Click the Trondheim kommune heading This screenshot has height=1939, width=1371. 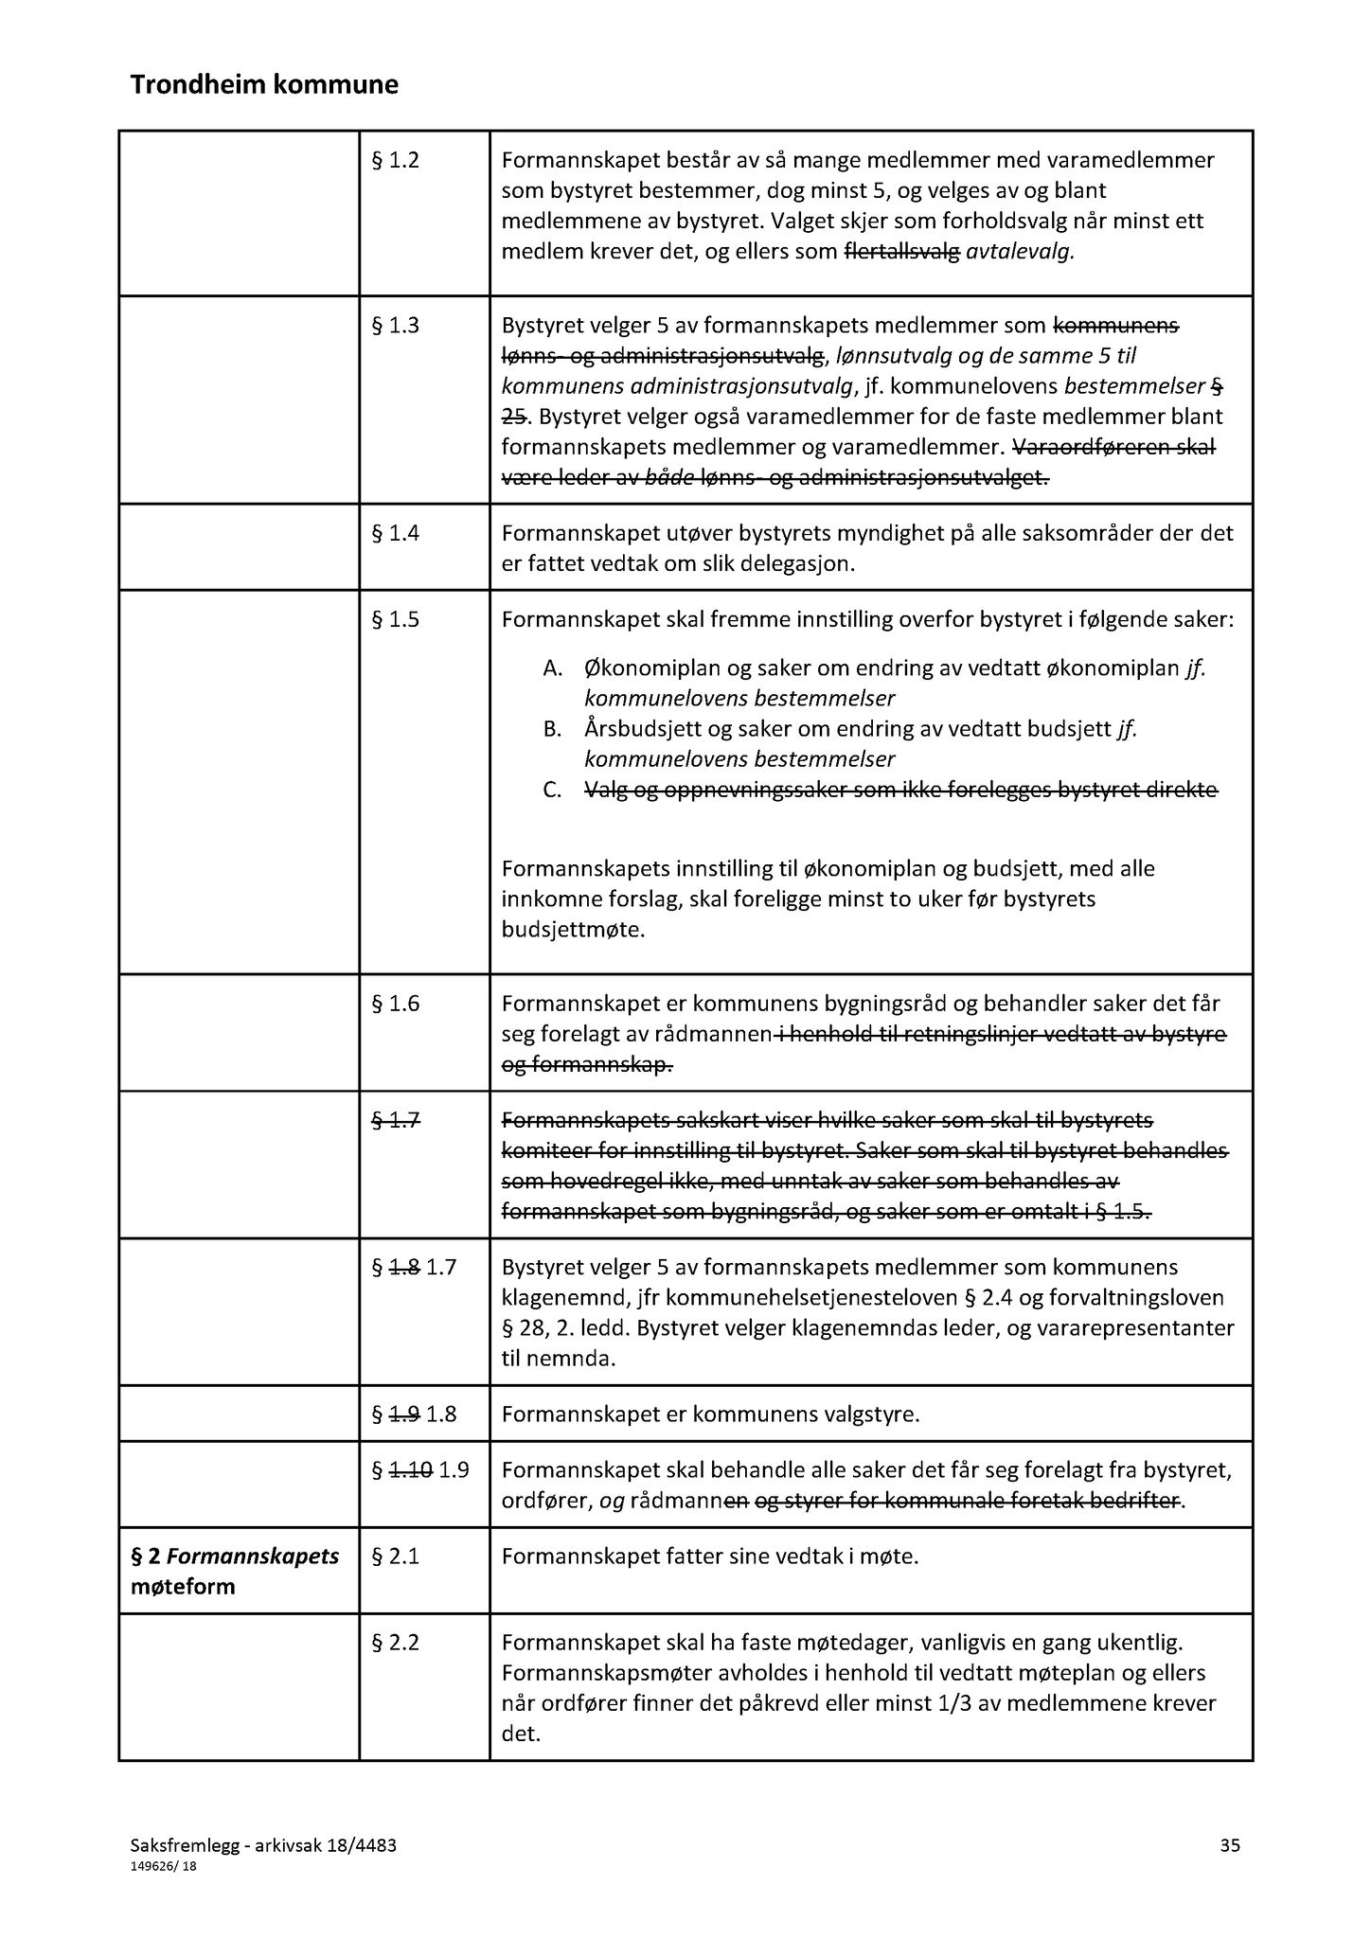coord(264,86)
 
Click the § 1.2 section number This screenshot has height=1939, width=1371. coord(395,160)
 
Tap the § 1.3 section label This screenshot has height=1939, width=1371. coord(395,326)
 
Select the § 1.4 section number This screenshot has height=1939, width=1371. coord(395,533)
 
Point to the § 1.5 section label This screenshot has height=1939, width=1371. coord(395,620)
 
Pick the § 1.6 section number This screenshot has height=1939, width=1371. coord(395,1005)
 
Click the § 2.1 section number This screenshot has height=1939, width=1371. coord(395,1556)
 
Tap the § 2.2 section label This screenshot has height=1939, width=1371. coord(395,1642)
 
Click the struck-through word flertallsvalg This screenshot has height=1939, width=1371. coord(901,252)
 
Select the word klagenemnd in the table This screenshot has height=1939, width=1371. coord(559,1297)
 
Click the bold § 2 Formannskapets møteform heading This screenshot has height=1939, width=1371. coord(235,1571)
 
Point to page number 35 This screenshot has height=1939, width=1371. coord(1230,1844)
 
